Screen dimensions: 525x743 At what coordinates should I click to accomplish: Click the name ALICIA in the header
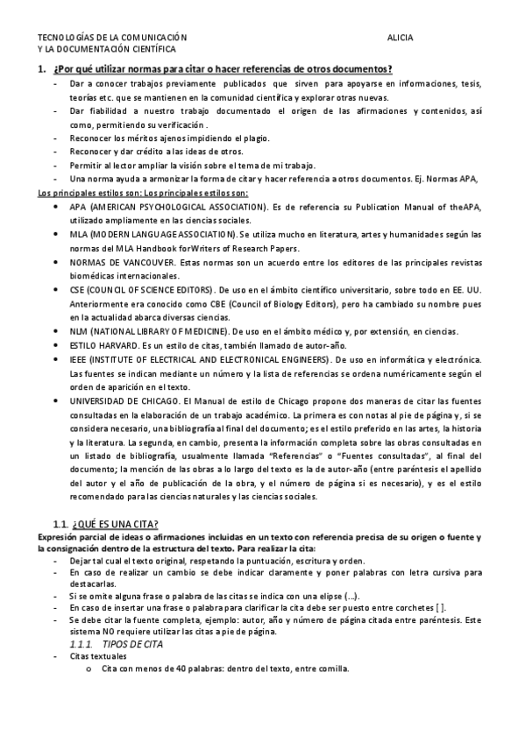pos(401,39)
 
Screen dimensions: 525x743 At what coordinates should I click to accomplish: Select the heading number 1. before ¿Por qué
pos(40,69)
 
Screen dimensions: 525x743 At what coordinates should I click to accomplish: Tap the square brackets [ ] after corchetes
pos(441,608)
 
